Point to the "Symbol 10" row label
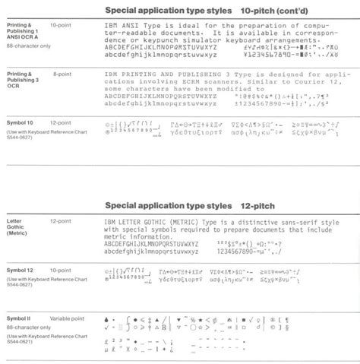20,122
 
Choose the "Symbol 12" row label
20,270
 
